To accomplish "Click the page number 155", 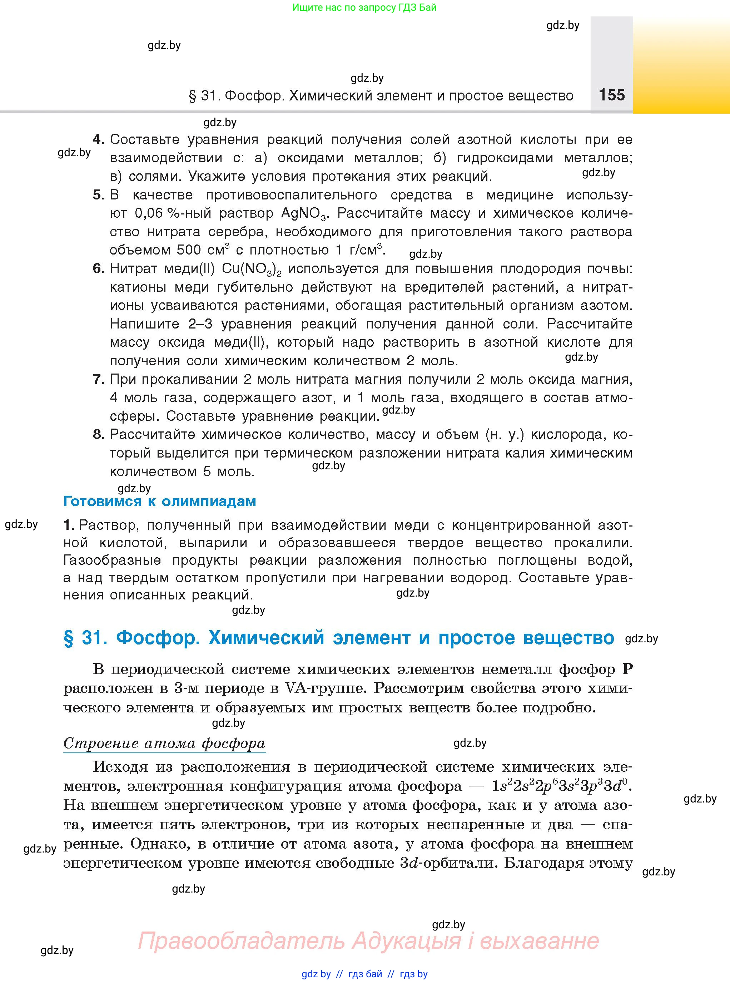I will [612, 95].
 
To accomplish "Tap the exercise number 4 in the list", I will [98, 140].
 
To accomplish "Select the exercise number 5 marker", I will [98, 195].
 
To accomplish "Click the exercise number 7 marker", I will [98, 379].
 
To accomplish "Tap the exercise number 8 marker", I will [98, 434].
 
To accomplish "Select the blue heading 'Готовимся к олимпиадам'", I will [159, 501].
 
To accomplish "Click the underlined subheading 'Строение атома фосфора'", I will [164, 743].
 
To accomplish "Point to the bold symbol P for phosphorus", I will [627, 669].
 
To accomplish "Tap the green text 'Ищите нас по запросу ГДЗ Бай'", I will [364, 8].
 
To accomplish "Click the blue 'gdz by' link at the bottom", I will [316, 974].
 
